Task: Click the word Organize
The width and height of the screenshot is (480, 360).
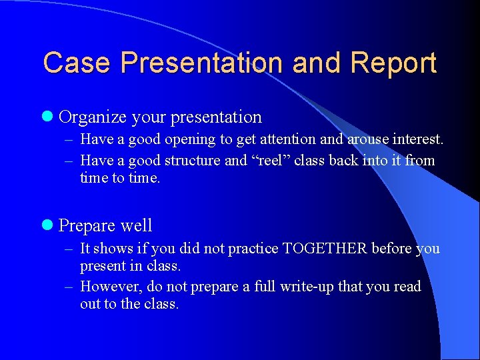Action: coord(93,117)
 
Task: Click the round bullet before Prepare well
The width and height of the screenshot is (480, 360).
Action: coord(47,225)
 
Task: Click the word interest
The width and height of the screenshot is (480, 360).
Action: coord(413,139)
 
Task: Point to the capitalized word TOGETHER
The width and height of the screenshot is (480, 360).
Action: coord(325,249)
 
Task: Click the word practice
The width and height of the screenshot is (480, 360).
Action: coord(253,249)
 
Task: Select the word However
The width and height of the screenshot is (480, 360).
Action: coord(107,287)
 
